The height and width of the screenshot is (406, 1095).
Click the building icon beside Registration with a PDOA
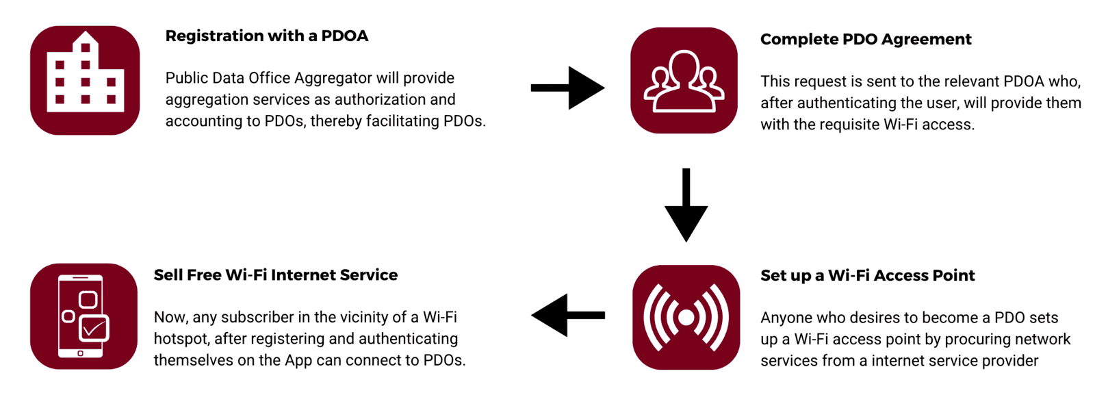pyautogui.click(x=85, y=80)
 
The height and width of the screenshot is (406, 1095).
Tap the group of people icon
pyautogui.click(x=684, y=81)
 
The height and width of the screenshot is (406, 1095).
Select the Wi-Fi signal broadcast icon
pyautogui.click(x=686, y=317)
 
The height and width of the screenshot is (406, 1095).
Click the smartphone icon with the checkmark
pyautogui.click(x=83, y=316)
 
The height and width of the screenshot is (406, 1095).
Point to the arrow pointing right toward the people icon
pyautogui.click(x=567, y=88)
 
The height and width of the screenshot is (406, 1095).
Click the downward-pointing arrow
pyautogui.click(x=686, y=205)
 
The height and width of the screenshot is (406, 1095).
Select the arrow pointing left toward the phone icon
pyautogui.click(x=567, y=315)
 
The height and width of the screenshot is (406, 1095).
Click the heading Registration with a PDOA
pyautogui.click(x=266, y=36)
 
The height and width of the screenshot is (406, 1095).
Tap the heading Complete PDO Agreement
pyautogui.click(x=865, y=39)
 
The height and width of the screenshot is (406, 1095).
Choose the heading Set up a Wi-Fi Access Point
pyautogui.click(x=867, y=275)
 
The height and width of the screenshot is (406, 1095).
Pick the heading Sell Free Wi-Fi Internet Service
pyautogui.click(x=275, y=275)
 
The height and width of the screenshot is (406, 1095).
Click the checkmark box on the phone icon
pyautogui.click(x=94, y=328)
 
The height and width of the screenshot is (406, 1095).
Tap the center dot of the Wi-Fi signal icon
pyautogui.click(x=686, y=317)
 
